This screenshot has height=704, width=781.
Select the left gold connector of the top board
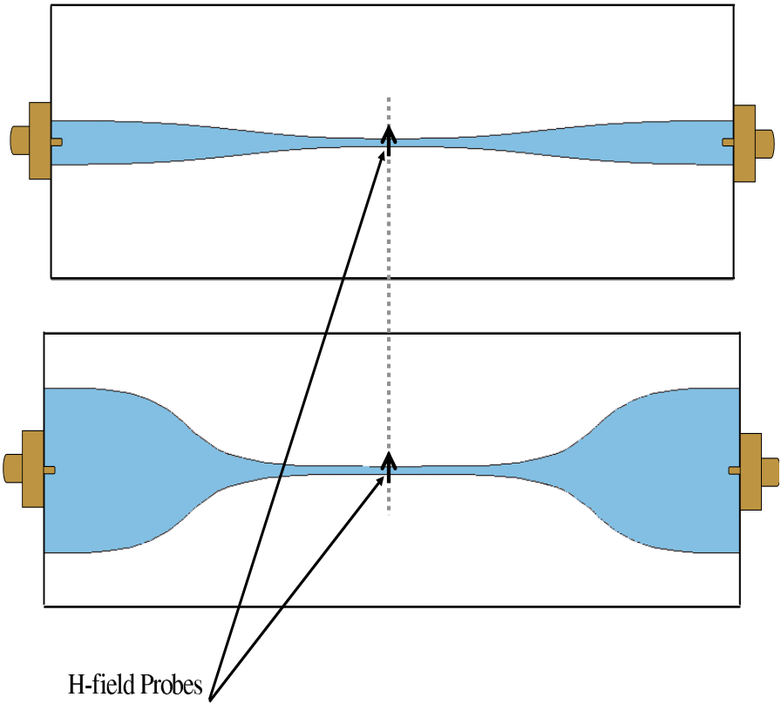pyautogui.click(x=39, y=140)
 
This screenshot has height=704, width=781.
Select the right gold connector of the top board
pyautogui.click(x=744, y=143)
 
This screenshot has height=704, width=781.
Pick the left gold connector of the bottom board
pyautogui.click(x=32, y=469)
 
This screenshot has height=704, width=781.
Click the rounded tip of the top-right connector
pyautogui.click(x=764, y=143)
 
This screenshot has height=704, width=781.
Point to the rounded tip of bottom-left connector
pyautogui.click(x=12, y=469)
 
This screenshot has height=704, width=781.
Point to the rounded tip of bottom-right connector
pyautogui.click(x=771, y=471)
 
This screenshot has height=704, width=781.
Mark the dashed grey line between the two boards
pyautogui.click(x=389, y=305)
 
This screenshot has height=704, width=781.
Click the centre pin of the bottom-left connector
pyautogui.click(x=50, y=470)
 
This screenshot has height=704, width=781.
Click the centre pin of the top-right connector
pyautogui.click(x=728, y=142)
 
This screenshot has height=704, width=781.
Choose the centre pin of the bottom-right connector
pyautogui.click(x=734, y=471)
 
